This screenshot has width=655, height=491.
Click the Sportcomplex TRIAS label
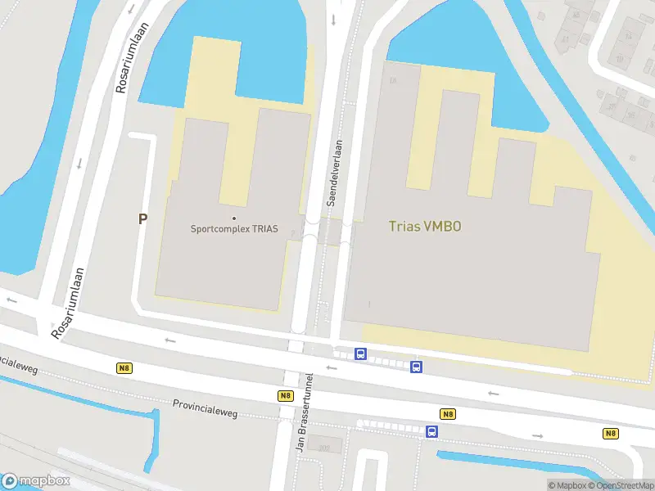234,229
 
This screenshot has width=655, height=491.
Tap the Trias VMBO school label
424,227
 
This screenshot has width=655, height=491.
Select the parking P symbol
142,219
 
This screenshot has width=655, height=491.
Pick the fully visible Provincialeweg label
205,408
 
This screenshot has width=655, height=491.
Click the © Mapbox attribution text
568,485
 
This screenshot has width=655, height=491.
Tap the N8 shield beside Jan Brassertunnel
285,395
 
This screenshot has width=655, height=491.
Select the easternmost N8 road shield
611,433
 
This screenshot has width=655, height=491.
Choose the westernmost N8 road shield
124,368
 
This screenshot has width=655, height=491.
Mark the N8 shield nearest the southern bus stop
448,414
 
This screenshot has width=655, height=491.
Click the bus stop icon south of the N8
431,431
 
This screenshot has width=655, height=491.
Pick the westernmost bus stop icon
360,354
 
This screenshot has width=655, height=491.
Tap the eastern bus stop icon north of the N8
416,367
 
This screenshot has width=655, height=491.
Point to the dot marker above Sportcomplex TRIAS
234,218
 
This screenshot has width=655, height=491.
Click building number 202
323,447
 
